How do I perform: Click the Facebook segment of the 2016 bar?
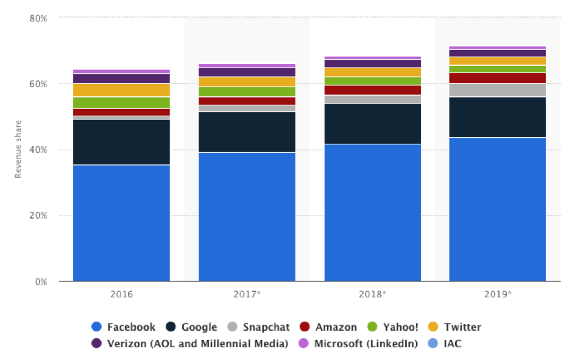click(121, 223)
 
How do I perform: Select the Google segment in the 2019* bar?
click(497, 117)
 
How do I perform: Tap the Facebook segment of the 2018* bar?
click(372, 213)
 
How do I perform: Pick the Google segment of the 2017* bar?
click(247, 132)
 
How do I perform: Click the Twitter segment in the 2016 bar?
click(121, 90)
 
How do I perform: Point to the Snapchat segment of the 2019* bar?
click(497, 90)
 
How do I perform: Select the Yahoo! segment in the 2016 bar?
click(121, 102)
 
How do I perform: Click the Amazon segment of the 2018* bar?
click(372, 90)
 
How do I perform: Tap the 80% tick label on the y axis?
click(38, 18)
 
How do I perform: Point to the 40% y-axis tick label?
click(38, 150)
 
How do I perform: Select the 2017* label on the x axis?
click(247, 294)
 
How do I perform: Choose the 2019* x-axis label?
click(497, 294)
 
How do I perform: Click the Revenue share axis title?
click(18, 150)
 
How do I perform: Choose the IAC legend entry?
click(452, 344)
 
